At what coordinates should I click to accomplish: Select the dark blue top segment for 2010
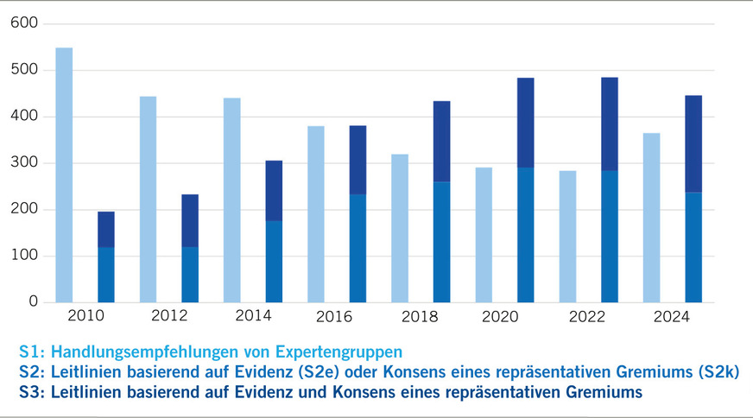[x=106, y=230]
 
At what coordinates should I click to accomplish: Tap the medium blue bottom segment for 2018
[x=441, y=242]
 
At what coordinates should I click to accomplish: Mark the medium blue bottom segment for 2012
[x=190, y=275]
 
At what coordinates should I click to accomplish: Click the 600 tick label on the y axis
[x=27, y=23]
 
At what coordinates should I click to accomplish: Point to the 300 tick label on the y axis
[x=27, y=163]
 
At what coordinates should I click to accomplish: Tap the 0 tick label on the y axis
[x=34, y=302]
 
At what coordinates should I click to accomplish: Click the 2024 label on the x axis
[x=672, y=317]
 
